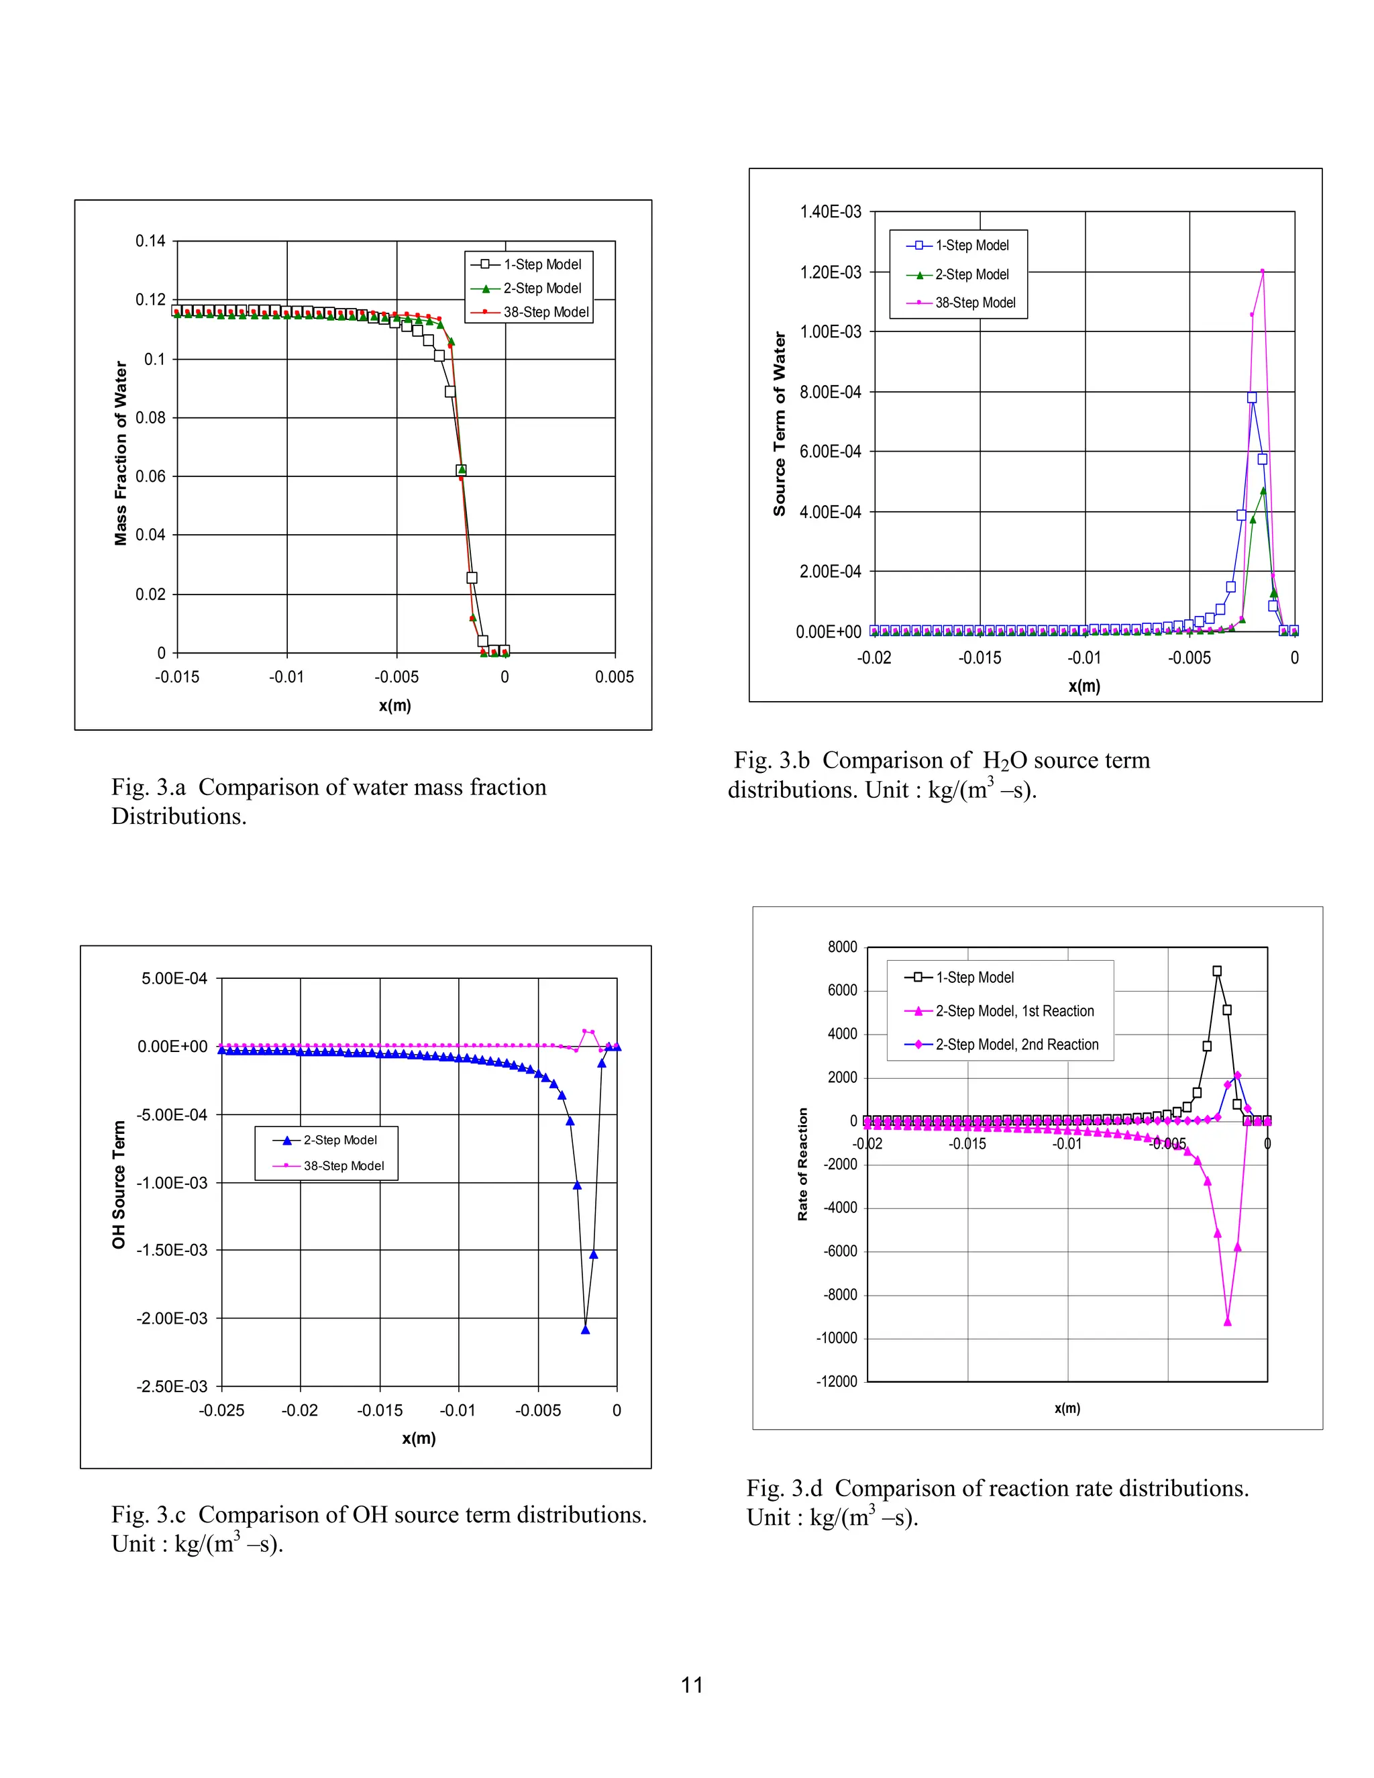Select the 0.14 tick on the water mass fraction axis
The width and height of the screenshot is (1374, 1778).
point(150,241)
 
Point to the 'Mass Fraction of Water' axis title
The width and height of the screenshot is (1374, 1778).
point(121,454)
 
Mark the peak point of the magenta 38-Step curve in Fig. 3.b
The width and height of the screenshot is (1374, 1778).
point(1263,271)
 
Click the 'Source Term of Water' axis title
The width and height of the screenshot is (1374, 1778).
point(780,423)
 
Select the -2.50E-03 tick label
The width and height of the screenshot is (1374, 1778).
point(172,1386)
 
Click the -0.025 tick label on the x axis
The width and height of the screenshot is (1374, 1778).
point(221,1411)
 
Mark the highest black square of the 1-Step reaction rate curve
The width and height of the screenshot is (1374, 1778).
point(1217,972)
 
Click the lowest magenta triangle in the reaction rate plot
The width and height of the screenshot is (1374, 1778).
point(1228,1322)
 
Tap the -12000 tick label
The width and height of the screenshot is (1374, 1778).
point(837,1381)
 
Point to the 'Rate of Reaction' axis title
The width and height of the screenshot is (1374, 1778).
point(803,1164)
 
